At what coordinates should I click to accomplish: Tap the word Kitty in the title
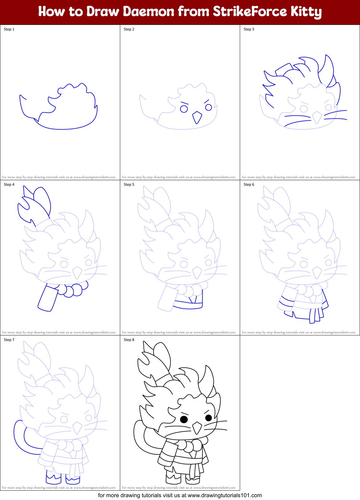(306, 12)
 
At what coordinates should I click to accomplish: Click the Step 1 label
(9, 29)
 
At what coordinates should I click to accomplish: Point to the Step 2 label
(129, 29)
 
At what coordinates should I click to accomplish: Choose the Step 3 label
(249, 29)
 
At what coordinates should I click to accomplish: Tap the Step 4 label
(9, 185)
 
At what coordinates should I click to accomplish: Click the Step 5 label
(129, 185)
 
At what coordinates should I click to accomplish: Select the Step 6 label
(249, 185)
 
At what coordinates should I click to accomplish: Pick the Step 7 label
(9, 340)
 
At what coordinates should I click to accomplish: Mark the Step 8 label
(129, 340)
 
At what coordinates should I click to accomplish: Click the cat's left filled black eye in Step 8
(184, 419)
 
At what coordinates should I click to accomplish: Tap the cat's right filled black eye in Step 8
(209, 418)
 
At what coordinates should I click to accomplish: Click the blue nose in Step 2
(197, 117)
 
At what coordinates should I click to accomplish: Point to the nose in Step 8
(197, 428)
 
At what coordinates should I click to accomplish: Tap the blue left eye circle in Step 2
(184, 109)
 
